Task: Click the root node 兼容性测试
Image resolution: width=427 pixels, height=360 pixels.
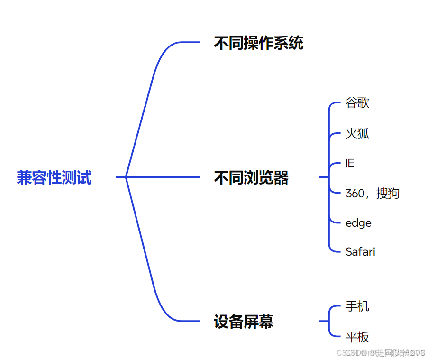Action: coord(54,177)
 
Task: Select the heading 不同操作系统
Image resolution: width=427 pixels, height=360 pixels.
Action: coord(258,44)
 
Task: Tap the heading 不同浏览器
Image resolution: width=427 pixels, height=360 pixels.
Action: coord(251,178)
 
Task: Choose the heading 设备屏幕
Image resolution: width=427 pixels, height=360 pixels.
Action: coord(243,322)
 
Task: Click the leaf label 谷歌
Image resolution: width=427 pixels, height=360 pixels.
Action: coord(357,103)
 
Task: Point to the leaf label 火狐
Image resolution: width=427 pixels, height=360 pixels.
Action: coord(357,134)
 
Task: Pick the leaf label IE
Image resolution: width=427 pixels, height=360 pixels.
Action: coord(350,164)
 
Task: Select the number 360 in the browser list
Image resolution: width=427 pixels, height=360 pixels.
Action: coord(355,194)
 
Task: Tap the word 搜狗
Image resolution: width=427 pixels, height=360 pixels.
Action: coord(388,194)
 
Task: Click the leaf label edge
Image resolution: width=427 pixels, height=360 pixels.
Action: coord(358,223)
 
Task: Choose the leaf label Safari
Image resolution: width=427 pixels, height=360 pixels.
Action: coord(360,252)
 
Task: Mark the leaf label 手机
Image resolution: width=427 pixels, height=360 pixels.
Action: coord(357,306)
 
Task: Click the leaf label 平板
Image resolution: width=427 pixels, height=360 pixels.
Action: coord(357,337)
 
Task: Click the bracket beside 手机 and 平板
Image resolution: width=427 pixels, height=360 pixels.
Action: coord(329,322)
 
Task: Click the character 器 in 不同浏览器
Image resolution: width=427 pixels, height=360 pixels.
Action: coord(281,178)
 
